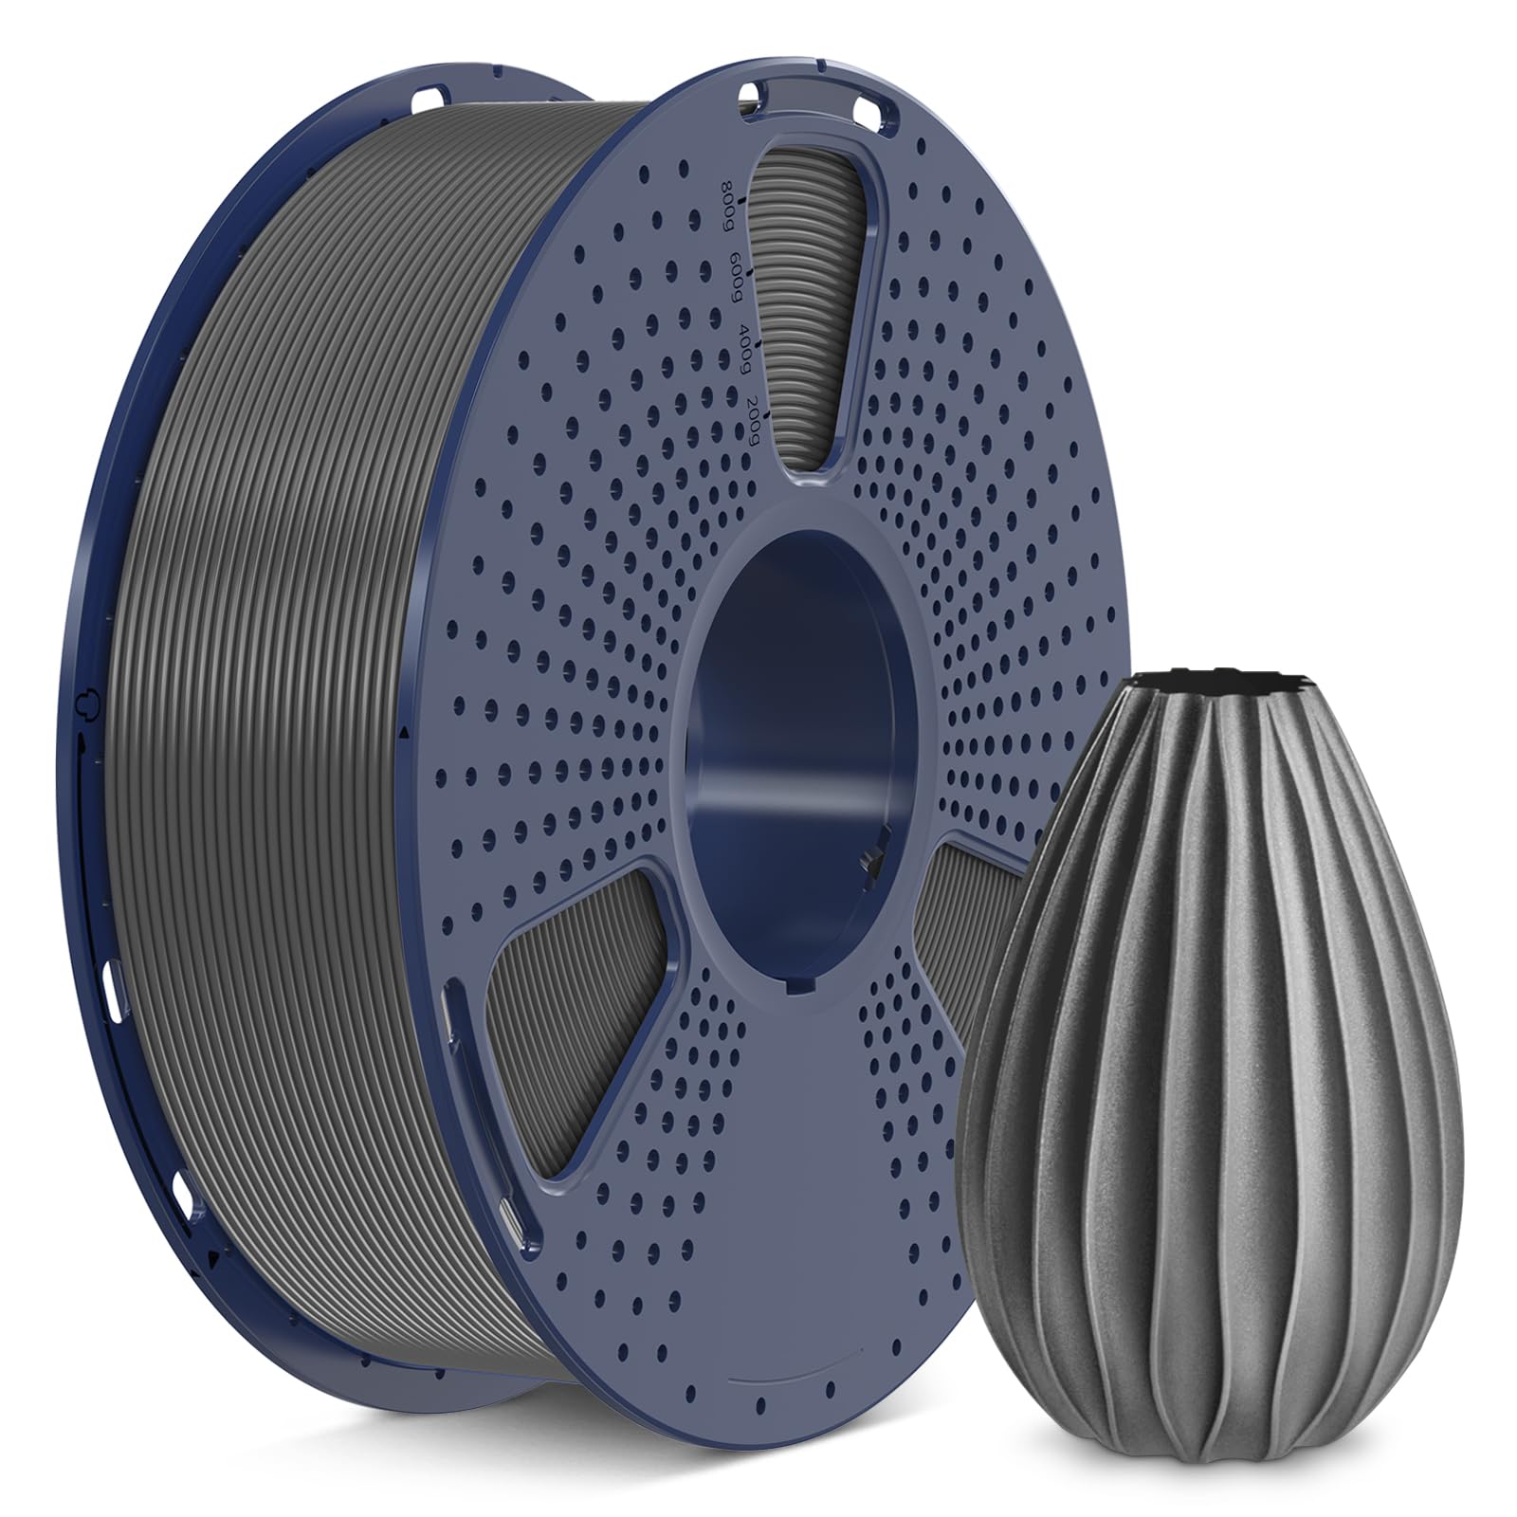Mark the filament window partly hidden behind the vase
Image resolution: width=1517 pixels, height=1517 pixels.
click(x=958, y=910)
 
